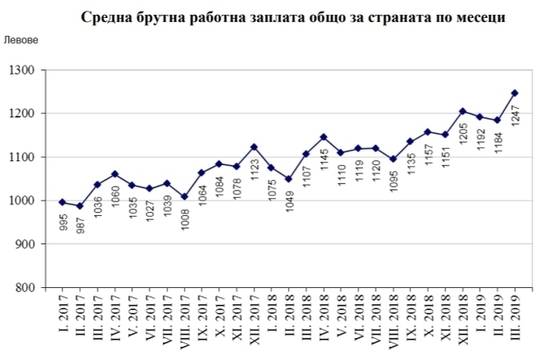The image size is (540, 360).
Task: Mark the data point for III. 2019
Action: tap(515, 93)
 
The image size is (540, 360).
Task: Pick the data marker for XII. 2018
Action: tap(462, 111)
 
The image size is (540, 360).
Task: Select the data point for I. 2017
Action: tap(63, 203)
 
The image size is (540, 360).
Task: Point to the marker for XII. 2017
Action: tap(254, 147)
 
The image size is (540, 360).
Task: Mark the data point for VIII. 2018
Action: tap(393, 159)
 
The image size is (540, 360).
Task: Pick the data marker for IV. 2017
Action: tap(115, 174)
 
